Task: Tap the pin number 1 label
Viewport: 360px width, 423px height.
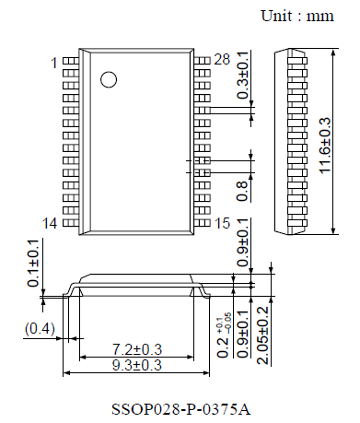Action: (x=53, y=63)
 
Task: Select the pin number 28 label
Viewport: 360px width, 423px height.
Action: (x=221, y=60)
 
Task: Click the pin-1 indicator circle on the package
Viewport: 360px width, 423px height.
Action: (x=109, y=79)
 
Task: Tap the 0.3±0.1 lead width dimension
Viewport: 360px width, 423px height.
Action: (x=243, y=76)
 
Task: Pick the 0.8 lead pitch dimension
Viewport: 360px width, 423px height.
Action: (x=243, y=190)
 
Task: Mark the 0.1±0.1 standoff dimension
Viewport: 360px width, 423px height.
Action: (x=34, y=264)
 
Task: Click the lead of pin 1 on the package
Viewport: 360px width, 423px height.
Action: (x=70, y=62)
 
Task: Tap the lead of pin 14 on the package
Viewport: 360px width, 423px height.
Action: (x=70, y=222)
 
